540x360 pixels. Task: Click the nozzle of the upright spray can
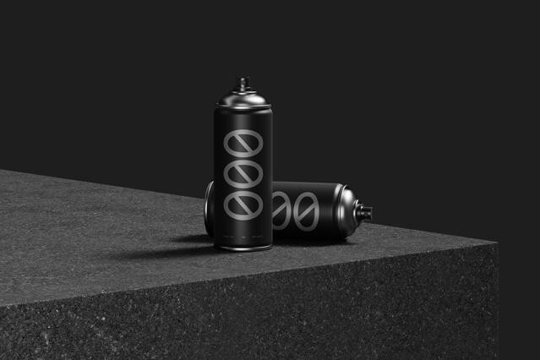point(243,83)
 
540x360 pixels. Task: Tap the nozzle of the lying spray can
point(363,210)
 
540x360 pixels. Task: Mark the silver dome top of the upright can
point(243,97)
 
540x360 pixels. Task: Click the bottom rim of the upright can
point(243,247)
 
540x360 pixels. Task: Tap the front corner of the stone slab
point(495,246)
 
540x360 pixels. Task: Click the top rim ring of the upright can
point(243,107)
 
